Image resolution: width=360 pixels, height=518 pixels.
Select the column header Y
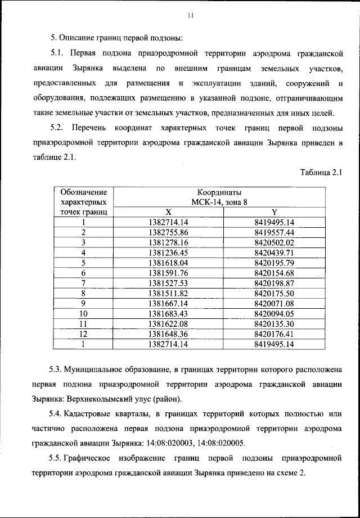(x=274, y=212)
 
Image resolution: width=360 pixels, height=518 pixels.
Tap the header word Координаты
(x=220, y=192)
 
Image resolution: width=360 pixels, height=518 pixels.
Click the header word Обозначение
(x=83, y=192)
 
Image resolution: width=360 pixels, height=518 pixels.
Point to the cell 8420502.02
(x=274, y=242)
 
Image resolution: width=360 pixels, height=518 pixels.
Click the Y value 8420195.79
(x=274, y=262)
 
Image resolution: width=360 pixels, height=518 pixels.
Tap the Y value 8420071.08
(x=274, y=303)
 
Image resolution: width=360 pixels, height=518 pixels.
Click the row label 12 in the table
(x=83, y=334)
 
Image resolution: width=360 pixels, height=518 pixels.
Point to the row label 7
(x=83, y=282)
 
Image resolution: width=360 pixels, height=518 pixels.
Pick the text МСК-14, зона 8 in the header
(x=220, y=202)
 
